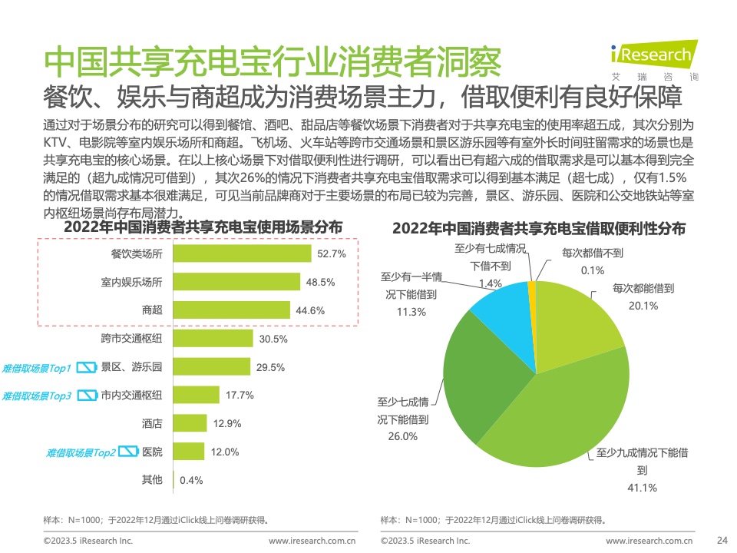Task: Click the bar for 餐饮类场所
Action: point(242,253)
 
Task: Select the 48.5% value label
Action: point(321,282)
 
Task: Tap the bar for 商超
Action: point(232,310)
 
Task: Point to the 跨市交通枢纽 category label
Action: point(131,339)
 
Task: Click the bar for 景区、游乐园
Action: point(212,367)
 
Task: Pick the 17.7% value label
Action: point(240,396)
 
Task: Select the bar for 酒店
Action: point(190,423)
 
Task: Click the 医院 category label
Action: point(152,452)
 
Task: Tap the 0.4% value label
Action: point(191,480)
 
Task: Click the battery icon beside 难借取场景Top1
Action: point(87,367)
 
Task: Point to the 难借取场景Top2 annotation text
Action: point(81,453)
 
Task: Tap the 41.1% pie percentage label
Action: point(642,488)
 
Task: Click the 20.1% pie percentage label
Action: point(643,306)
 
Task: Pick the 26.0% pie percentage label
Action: point(403,436)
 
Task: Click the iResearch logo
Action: point(654,60)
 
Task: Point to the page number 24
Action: point(722,540)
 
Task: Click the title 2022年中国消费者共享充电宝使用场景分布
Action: point(203,227)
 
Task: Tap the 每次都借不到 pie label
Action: point(592,253)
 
